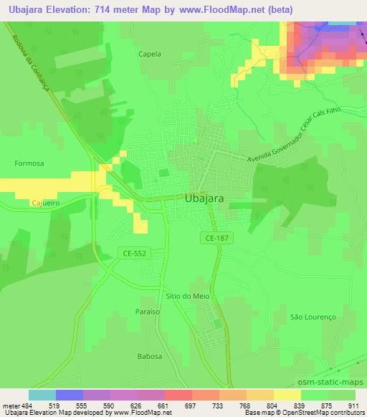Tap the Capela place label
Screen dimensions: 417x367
151,54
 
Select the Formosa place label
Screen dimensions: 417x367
29,163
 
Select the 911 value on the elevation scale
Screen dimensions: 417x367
353,406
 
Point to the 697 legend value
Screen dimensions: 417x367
191,406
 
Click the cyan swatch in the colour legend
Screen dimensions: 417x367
42,395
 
